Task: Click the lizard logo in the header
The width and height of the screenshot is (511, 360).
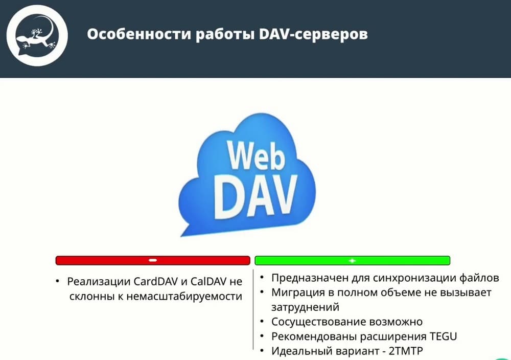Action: pos(37,35)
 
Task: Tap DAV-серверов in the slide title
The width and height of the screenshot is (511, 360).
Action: pos(313,34)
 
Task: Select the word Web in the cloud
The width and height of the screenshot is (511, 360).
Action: pos(256,155)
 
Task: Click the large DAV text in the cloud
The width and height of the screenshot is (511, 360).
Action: pos(255,196)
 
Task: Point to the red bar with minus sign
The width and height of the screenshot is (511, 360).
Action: pos(153,260)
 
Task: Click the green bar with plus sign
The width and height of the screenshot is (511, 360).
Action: pos(352,260)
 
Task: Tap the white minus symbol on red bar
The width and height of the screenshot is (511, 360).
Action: pos(153,260)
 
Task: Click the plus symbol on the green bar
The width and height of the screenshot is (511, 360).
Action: pos(352,260)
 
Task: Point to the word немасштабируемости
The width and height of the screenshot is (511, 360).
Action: pos(184,297)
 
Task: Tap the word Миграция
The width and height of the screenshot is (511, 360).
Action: pos(298,292)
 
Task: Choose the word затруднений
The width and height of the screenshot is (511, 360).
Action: pos(306,307)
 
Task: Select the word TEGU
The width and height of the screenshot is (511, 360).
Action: pos(443,336)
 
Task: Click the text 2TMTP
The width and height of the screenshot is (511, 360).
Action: pos(406,351)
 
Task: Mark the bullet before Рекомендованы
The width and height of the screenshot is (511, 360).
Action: pos(262,336)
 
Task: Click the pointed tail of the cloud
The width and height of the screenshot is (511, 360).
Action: pos(182,235)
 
